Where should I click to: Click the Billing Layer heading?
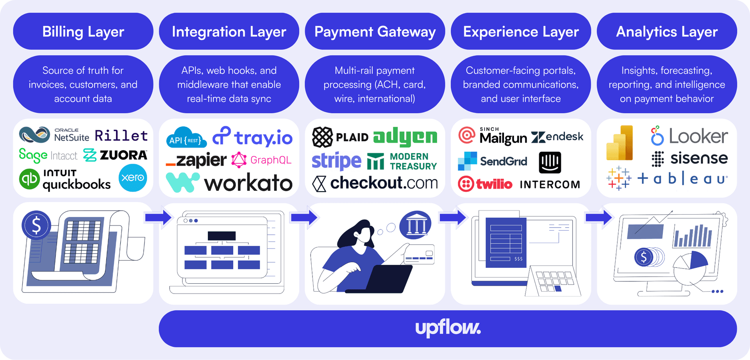pos(83,32)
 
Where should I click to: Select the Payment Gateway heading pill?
pos(375,31)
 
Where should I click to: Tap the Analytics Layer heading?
pos(667,32)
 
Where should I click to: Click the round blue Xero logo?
pos(133,178)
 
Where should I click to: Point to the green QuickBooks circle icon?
pos(29,179)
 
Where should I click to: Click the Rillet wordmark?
pos(121,136)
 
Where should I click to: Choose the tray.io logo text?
pos(263,138)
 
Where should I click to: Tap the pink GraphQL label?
pos(271,160)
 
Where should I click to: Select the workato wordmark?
pos(248,183)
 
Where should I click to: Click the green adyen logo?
pos(405,136)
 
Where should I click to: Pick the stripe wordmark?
pos(336,161)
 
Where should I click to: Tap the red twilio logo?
pos(485,184)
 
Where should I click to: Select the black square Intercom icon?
pos(550,162)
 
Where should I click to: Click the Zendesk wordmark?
pos(557,137)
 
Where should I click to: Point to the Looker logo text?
pos(698,136)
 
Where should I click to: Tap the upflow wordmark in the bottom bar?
pos(448,328)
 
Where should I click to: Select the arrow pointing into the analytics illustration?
pos(599,217)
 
